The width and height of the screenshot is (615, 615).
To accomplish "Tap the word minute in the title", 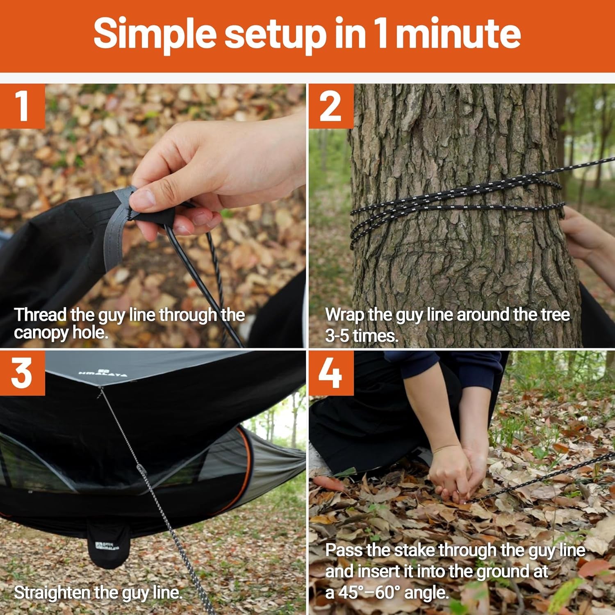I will point(458,34).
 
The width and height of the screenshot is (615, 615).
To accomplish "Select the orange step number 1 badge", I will point(22,106).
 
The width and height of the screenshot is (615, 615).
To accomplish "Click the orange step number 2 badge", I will point(330,106).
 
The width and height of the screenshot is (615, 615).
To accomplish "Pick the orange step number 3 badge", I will point(22,373).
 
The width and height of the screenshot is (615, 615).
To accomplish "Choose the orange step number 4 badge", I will point(330,373).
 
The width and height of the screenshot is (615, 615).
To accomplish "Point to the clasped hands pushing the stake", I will point(457,476).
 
